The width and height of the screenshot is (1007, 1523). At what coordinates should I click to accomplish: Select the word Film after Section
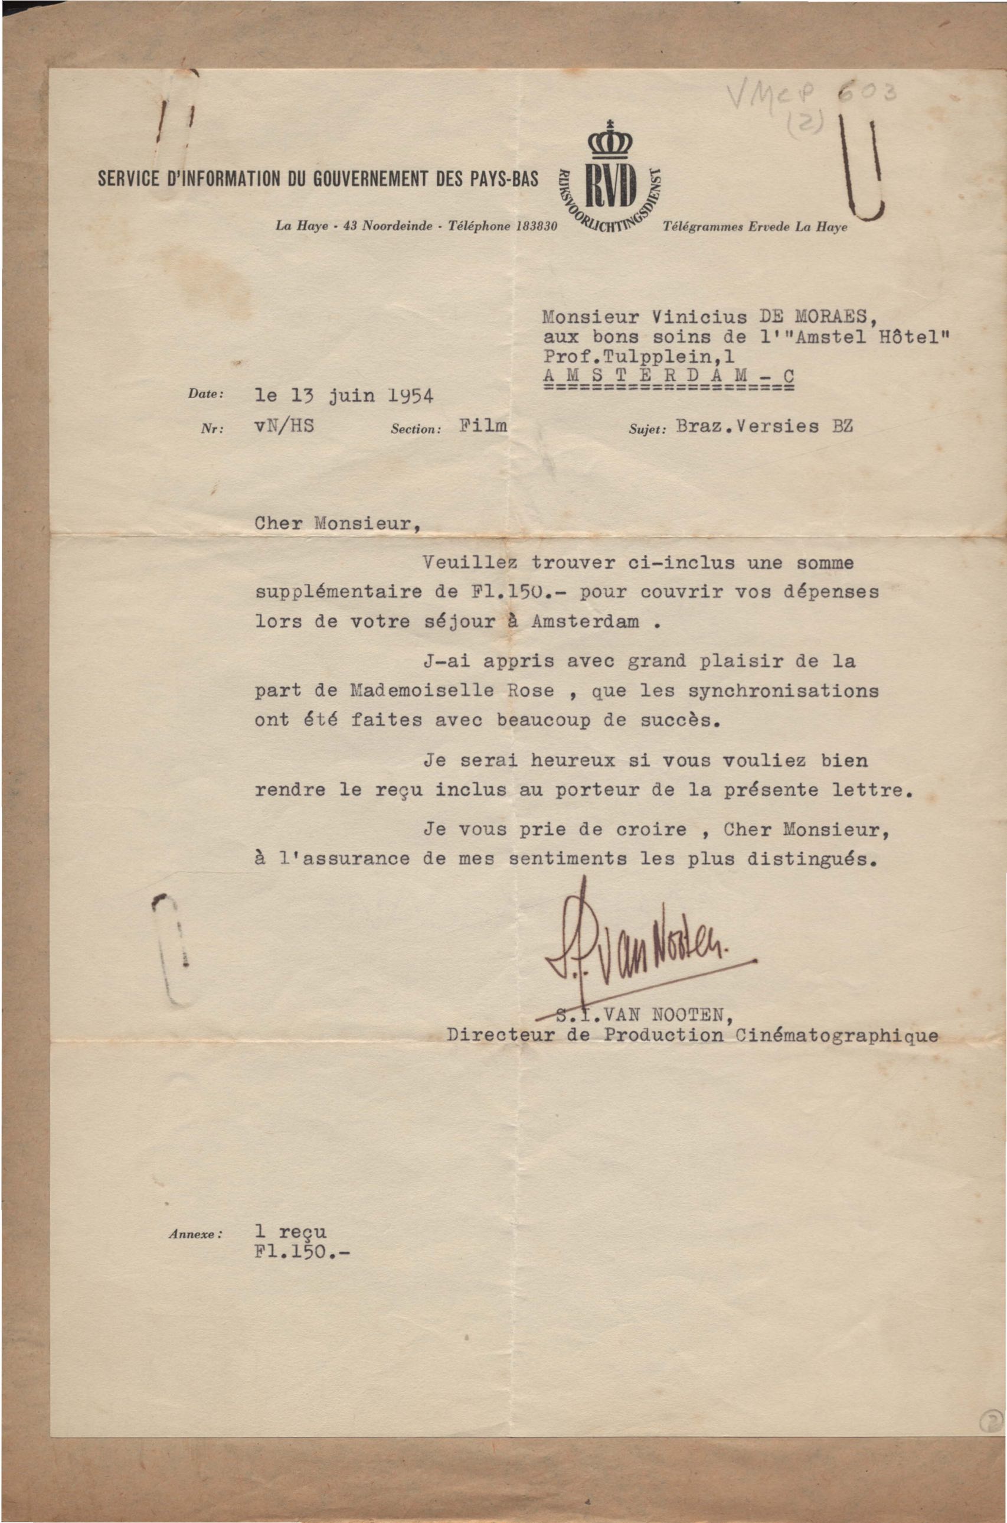pos(483,425)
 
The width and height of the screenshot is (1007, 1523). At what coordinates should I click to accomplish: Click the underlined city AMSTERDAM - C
pos(668,376)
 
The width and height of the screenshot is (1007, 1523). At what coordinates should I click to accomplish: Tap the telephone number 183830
pos(538,226)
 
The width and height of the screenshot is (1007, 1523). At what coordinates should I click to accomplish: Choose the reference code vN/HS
pos(284,426)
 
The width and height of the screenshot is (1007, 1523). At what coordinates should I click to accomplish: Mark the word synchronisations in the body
pos(782,691)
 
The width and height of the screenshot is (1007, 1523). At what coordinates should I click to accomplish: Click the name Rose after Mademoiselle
pos(531,691)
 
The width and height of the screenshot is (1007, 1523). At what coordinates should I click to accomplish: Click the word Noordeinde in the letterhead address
pos(397,226)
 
